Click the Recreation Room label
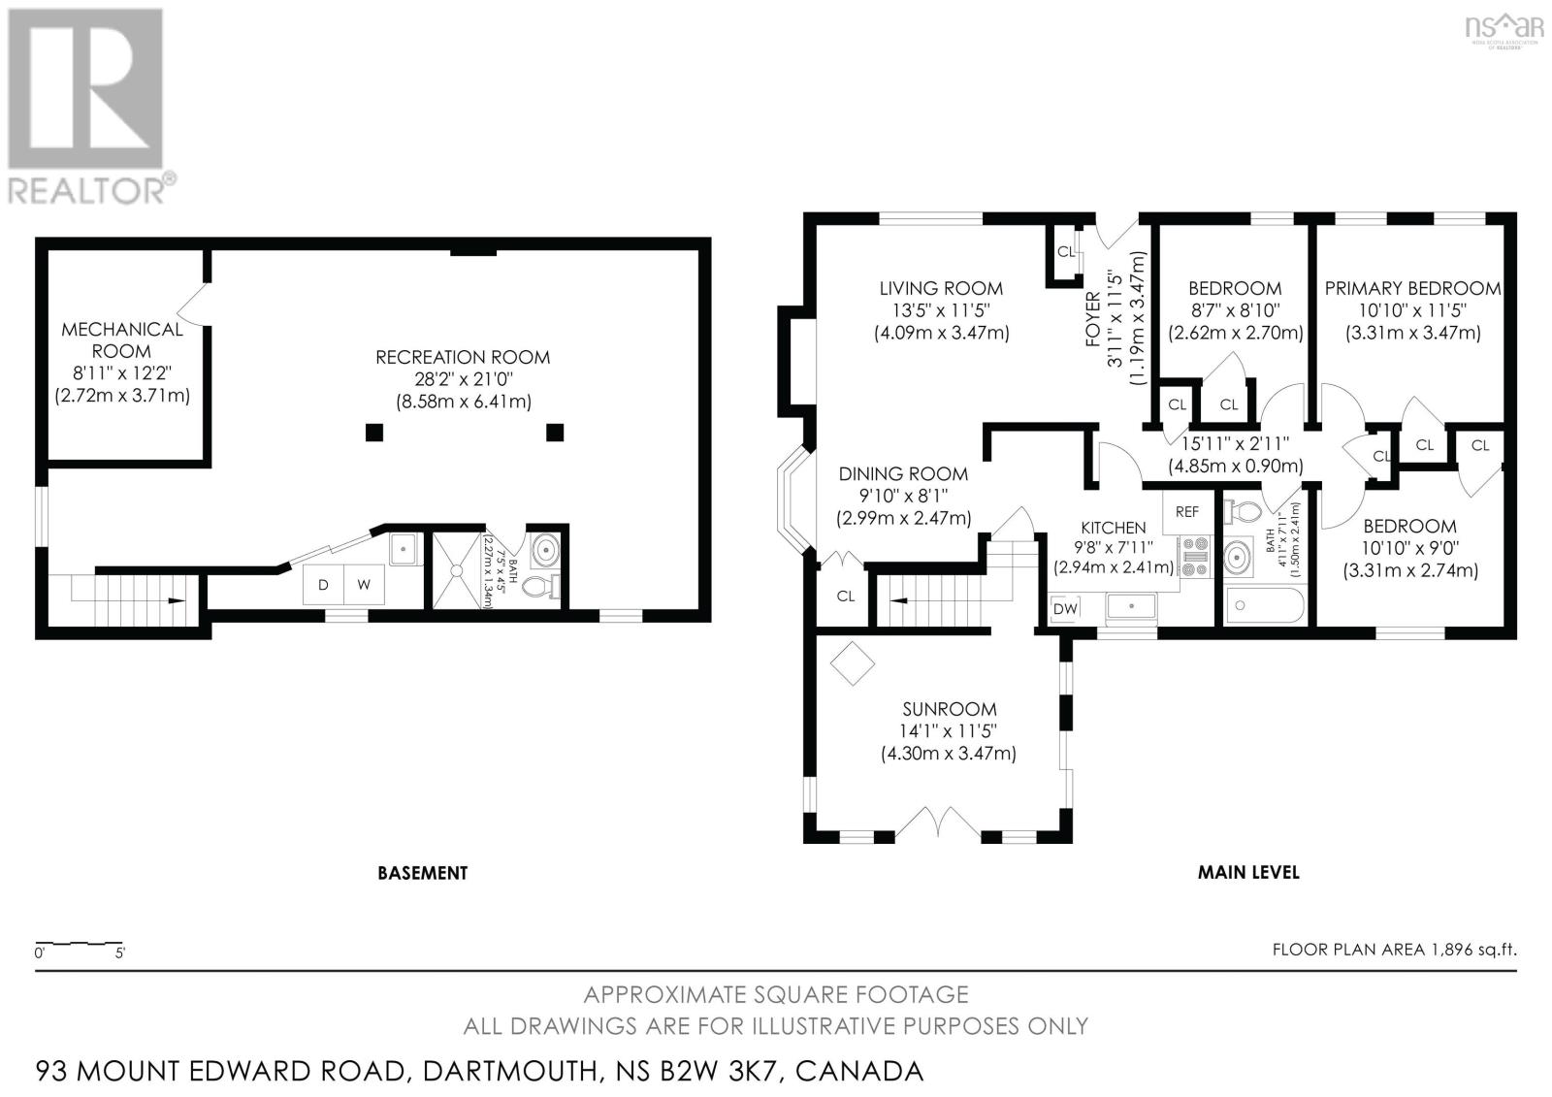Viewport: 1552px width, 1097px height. [x=463, y=357]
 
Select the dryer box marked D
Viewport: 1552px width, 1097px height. [x=323, y=585]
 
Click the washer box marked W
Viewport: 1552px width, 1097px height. [x=364, y=585]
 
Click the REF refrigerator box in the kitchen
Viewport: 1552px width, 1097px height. [x=1186, y=511]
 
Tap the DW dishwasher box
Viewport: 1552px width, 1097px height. [x=1064, y=608]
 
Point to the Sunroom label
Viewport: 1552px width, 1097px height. [x=935, y=709]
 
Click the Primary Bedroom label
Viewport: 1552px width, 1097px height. [x=1412, y=288]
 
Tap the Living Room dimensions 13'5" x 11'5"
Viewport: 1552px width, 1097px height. [x=941, y=310]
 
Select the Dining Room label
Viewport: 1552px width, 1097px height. [x=903, y=473]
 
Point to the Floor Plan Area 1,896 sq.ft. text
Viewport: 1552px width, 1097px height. [x=1394, y=950]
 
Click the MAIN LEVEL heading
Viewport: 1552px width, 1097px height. [x=1248, y=872]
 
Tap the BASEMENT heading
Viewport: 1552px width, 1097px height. [x=422, y=873]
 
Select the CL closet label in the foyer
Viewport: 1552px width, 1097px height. [x=1066, y=252]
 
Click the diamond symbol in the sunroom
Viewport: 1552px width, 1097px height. [x=852, y=664]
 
